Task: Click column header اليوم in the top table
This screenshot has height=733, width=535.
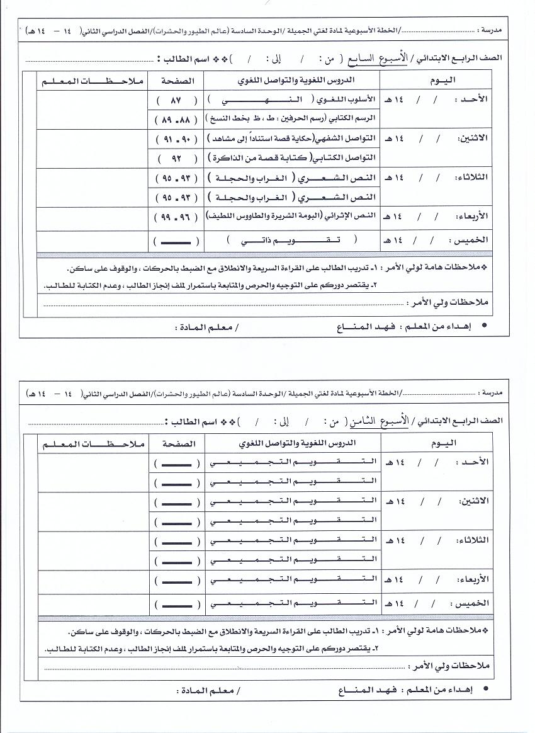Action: pos(441,80)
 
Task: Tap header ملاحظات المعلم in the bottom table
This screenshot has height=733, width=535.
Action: pos(93,443)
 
